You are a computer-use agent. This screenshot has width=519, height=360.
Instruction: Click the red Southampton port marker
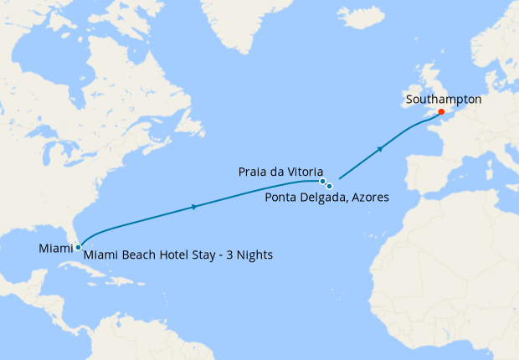click(x=441, y=111)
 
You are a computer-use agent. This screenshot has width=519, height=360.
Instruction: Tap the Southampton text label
click(x=443, y=99)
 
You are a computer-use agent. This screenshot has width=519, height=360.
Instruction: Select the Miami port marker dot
click(x=78, y=247)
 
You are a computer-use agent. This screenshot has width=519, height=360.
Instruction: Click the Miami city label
click(x=55, y=248)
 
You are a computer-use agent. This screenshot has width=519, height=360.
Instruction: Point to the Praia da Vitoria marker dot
click(x=322, y=181)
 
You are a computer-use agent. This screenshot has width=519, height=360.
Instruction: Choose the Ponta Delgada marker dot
click(x=330, y=186)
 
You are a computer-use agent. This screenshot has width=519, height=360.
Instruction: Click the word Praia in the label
click(x=254, y=171)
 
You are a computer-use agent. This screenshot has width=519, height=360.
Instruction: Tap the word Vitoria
click(x=301, y=171)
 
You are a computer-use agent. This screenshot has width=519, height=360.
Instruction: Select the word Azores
click(x=370, y=198)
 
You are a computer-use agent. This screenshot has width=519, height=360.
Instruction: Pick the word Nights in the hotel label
click(x=253, y=254)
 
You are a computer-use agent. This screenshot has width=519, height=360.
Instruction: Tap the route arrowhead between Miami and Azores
click(x=195, y=207)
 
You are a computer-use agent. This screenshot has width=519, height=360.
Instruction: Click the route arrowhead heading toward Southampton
click(x=381, y=149)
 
